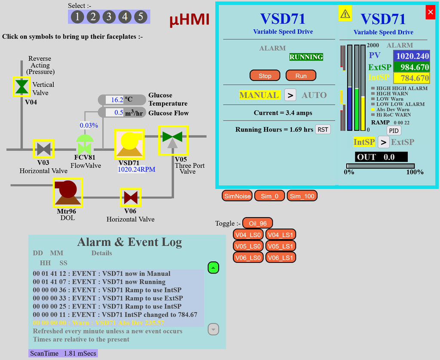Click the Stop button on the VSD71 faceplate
[x=265, y=76]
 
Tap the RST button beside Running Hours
[x=323, y=129]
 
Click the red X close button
[x=430, y=12]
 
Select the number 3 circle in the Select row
[x=109, y=17]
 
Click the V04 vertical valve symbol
[x=21, y=86]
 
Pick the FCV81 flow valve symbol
[x=85, y=144]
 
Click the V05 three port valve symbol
[x=173, y=140]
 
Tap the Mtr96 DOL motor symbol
[x=67, y=192]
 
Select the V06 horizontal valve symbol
[x=130, y=197]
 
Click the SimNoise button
[x=237, y=196]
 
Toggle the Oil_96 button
[x=257, y=223]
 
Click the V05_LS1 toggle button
[x=281, y=246]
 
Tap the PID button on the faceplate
[x=394, y=131]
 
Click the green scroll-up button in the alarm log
[x=213, y=268]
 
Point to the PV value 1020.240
[x=412, y=56]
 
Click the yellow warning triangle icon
[x=345, y=14]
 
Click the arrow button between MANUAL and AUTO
[x=291, y=95]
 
